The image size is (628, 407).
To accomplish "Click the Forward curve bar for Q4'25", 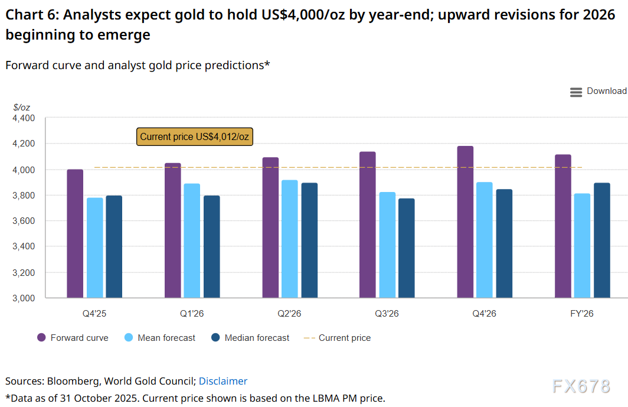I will click(x=75, y=233).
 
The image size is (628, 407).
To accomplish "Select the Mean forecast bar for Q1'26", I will click(x=192, y=240).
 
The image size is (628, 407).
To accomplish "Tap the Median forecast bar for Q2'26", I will click(x=309, y=240).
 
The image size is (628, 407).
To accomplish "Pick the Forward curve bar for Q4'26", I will click(x=465, y=222).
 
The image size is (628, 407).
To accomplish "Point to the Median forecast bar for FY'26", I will click(x=602, y=240).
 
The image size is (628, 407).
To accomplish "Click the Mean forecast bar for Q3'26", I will click(x=387, y=245).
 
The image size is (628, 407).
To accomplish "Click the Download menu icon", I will click(x=576, y=92).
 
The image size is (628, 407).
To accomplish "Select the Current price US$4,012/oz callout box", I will click(x=195, y=137).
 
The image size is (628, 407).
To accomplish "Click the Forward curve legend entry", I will click(x=73, y=338).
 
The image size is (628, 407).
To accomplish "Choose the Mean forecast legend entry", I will click(x=159, y=338).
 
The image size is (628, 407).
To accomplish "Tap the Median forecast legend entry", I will click(x=250, y=338).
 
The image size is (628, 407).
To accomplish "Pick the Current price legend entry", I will click(x=338, y=338).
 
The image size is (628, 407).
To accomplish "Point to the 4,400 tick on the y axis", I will click(x=24, y=118).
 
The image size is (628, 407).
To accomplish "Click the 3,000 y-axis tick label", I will click(x=24, y=298).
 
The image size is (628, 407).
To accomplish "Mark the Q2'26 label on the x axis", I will click(x=290, y=314).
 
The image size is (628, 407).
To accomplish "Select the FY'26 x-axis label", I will click(x=582, y=314).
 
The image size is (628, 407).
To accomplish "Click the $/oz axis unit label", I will click(x=21, y=108).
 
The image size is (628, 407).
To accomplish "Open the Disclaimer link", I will click(x=223, y=381).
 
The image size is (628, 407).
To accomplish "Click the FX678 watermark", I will click(x=581, y=387).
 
